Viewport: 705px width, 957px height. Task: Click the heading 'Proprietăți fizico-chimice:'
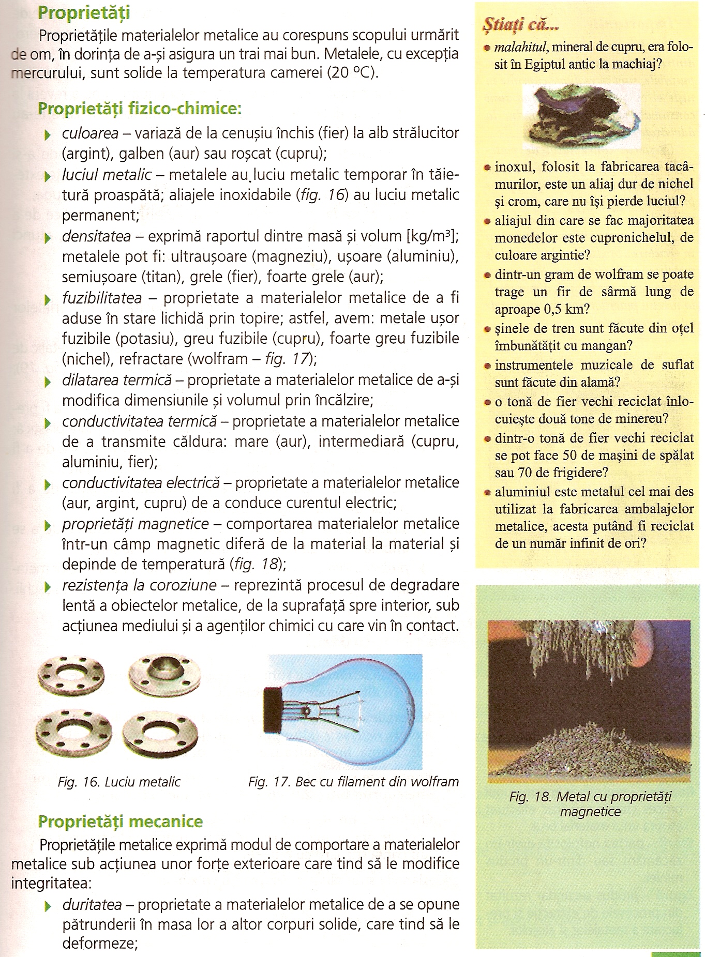point(139,109)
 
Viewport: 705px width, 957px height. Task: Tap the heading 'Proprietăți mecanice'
point(121,822)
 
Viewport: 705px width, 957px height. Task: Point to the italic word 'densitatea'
point(96,237)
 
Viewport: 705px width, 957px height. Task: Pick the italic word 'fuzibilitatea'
point(102,298)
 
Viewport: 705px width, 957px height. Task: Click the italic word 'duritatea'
point(92,904)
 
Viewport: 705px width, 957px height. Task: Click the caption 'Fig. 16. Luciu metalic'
point(119,782)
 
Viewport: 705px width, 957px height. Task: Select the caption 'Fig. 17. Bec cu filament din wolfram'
point(353,782)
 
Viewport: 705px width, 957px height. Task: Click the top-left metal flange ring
point(71,677)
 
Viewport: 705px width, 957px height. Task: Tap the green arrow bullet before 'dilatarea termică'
point(48,382)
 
